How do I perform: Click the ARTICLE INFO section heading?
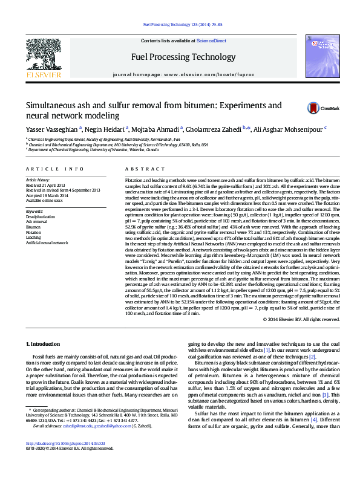point(54,169)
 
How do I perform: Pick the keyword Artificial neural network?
point(47,242)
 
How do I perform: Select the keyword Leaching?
point(34,236)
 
